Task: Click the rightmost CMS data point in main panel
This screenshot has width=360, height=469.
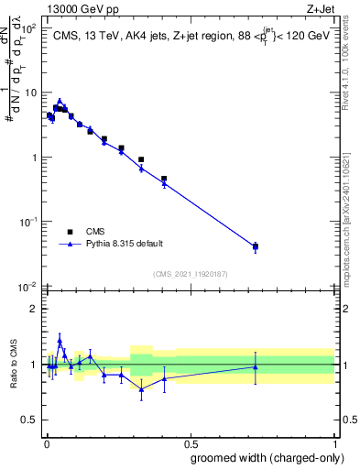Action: (x=255, y=246)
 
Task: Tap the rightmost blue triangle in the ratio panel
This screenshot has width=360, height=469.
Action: (x=255, y=367)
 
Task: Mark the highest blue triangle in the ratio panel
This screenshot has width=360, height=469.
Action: (x=60, y=341)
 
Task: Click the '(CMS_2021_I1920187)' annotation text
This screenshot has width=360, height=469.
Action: (x=189, y=274)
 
